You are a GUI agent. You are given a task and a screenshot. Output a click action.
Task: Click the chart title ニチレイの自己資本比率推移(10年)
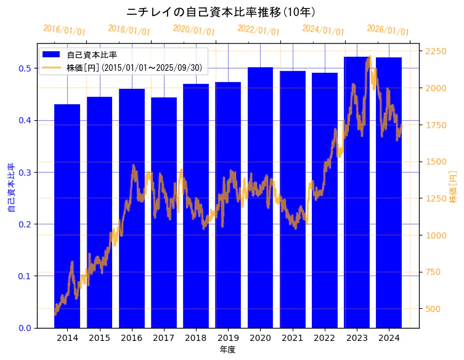click(222, 12)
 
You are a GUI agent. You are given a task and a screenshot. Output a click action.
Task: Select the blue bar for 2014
click(67, 216)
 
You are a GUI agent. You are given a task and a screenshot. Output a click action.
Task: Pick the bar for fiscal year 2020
click(260, 197)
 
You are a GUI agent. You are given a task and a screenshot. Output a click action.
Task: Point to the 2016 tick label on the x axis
click(131, 338)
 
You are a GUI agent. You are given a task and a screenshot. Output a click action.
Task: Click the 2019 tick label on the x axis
click(228, 338)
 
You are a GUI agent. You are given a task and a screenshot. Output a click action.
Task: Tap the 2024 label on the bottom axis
click(389, 338)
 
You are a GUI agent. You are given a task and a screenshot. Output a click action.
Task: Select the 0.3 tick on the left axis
click(24, 172)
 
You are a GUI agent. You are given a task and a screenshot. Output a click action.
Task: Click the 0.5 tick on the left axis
click(24, 68)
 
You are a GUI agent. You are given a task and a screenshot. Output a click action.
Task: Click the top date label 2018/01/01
click(129, 30)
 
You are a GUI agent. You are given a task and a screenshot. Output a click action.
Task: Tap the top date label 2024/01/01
click(323, 30)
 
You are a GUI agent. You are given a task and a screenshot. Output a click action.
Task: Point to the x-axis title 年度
click(228, 350)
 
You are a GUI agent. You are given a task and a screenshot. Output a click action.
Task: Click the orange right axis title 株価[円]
click(453, 187)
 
